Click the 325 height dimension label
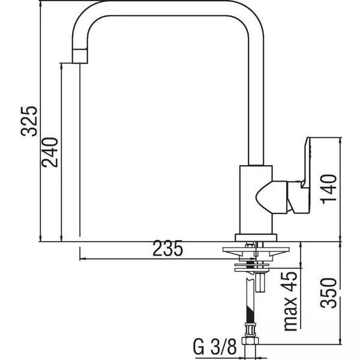[x=29, y=121]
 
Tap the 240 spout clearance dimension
[x=50, y=152]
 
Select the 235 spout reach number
[x=168, y=248]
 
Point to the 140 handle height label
[x=329, y=189]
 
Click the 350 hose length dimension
[x=329, y=293]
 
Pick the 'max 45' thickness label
[x=290, y=301]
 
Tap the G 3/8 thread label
[x=215, y=347]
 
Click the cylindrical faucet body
[x=256, y=200]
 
